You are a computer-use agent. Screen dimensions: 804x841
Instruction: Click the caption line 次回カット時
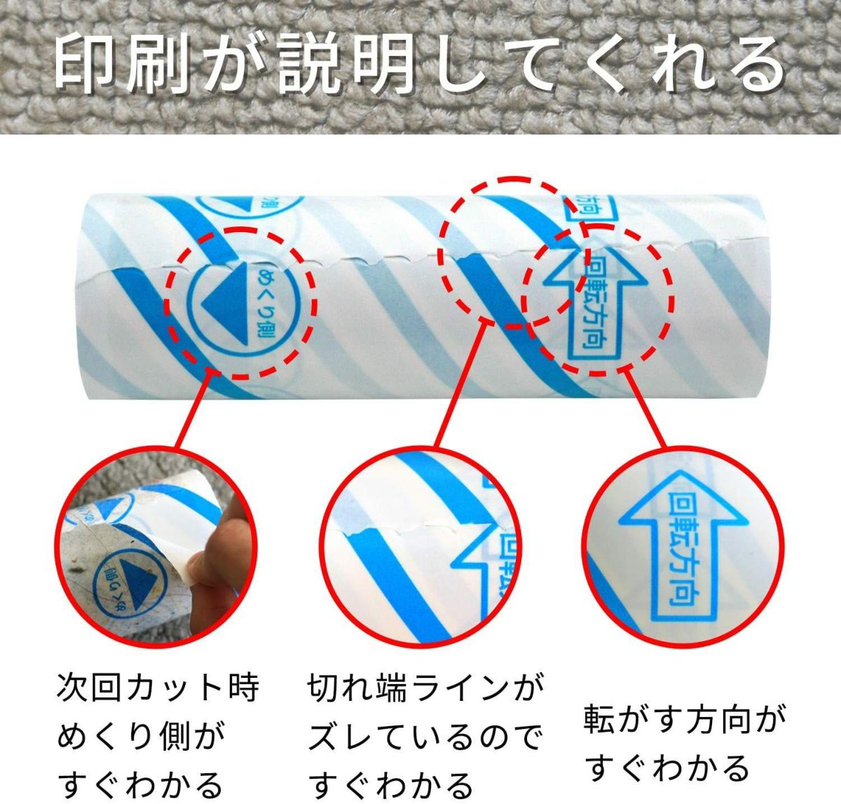tap(158, 688)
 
